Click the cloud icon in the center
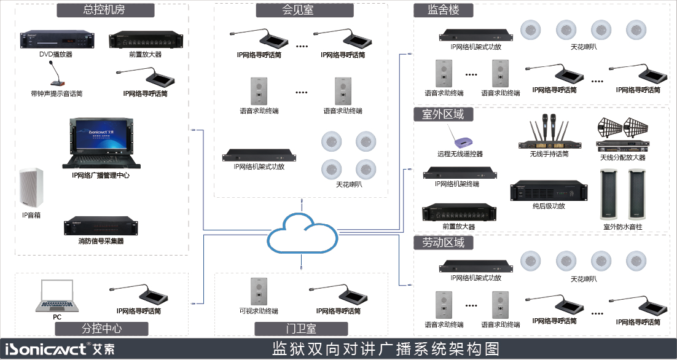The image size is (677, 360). [302, 233]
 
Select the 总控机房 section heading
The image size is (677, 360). [105, 10]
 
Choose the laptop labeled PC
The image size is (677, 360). [57, 295]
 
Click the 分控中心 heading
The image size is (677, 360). [102, 329]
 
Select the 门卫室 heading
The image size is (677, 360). [301, 329]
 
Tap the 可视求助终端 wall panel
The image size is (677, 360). [259, 291]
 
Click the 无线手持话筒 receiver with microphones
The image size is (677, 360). [549, 133]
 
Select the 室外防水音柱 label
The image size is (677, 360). [624, 226]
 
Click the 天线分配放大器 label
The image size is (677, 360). [623, 157]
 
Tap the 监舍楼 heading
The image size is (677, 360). [444, 10]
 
